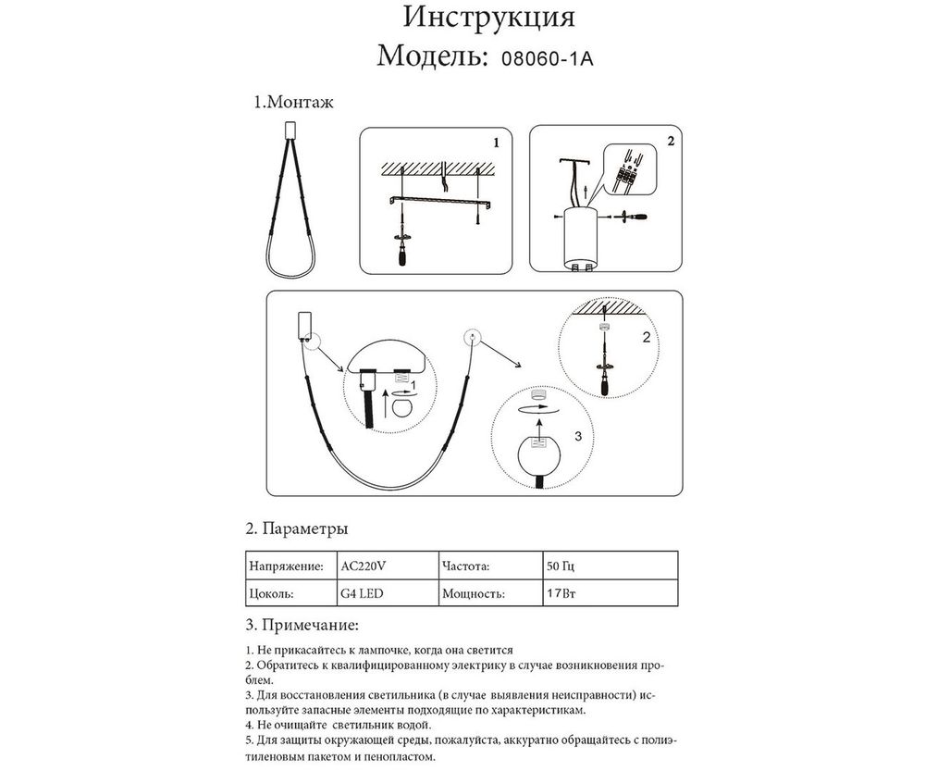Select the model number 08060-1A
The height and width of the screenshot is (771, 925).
[x=546, y=57]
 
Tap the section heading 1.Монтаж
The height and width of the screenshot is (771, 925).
[x=293, y=103]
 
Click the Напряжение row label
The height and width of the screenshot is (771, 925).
[x=286, y=565]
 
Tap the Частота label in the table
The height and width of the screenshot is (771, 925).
[x=466, y=565]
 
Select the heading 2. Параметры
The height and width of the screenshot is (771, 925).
[x=296, y=529]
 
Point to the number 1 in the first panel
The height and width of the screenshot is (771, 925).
[x=497, y=143]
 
